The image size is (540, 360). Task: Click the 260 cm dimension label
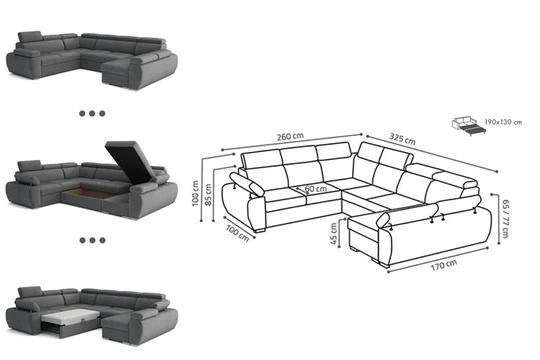[290, 136]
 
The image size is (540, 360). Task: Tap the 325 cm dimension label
[402, 138]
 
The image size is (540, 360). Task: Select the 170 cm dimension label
[444, 265]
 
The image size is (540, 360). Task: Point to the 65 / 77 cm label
[506, 218]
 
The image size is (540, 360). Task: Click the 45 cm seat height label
[333, 234]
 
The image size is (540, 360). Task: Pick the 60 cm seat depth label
[316, 189]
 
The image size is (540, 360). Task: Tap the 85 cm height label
[208, 195]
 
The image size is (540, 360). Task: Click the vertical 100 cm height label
[195, 193]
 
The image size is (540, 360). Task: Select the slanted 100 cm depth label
[237, 233]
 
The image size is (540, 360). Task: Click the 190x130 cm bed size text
[503, 122]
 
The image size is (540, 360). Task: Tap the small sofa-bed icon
[468, 126]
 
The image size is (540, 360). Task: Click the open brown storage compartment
[89, 193]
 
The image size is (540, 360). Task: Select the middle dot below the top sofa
[92, 113]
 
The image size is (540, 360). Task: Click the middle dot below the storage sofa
[92, 240]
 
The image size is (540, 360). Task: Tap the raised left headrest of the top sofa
[30, 37]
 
